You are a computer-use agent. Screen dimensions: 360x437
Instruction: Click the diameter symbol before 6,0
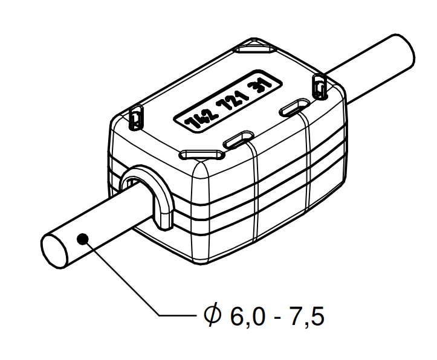click(x=212, y=315)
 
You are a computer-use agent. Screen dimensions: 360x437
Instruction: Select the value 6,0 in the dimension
click(x=247, y=315)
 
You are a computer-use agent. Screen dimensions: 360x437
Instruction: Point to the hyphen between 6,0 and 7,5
click(x=277, y=317)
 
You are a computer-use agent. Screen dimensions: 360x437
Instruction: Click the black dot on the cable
click(x=83, y=240)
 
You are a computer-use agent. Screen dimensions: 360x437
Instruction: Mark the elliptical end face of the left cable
click(x=54, y=251)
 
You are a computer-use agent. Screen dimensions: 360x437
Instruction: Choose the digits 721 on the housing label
click(x=232, y=100)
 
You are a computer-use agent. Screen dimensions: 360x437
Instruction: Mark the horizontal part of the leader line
click(x=178, y=315)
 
